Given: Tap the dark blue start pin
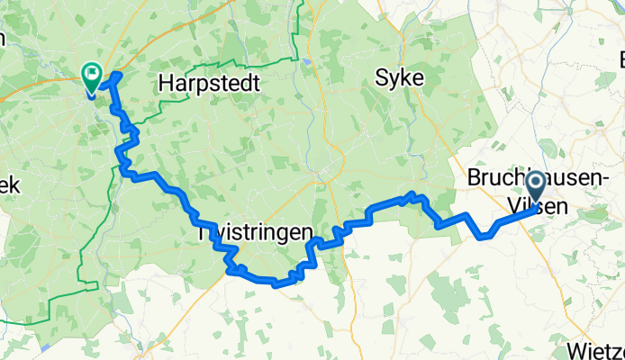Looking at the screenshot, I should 535,188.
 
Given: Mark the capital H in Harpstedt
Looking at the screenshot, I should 165,84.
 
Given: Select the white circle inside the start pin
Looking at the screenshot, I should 535,184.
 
